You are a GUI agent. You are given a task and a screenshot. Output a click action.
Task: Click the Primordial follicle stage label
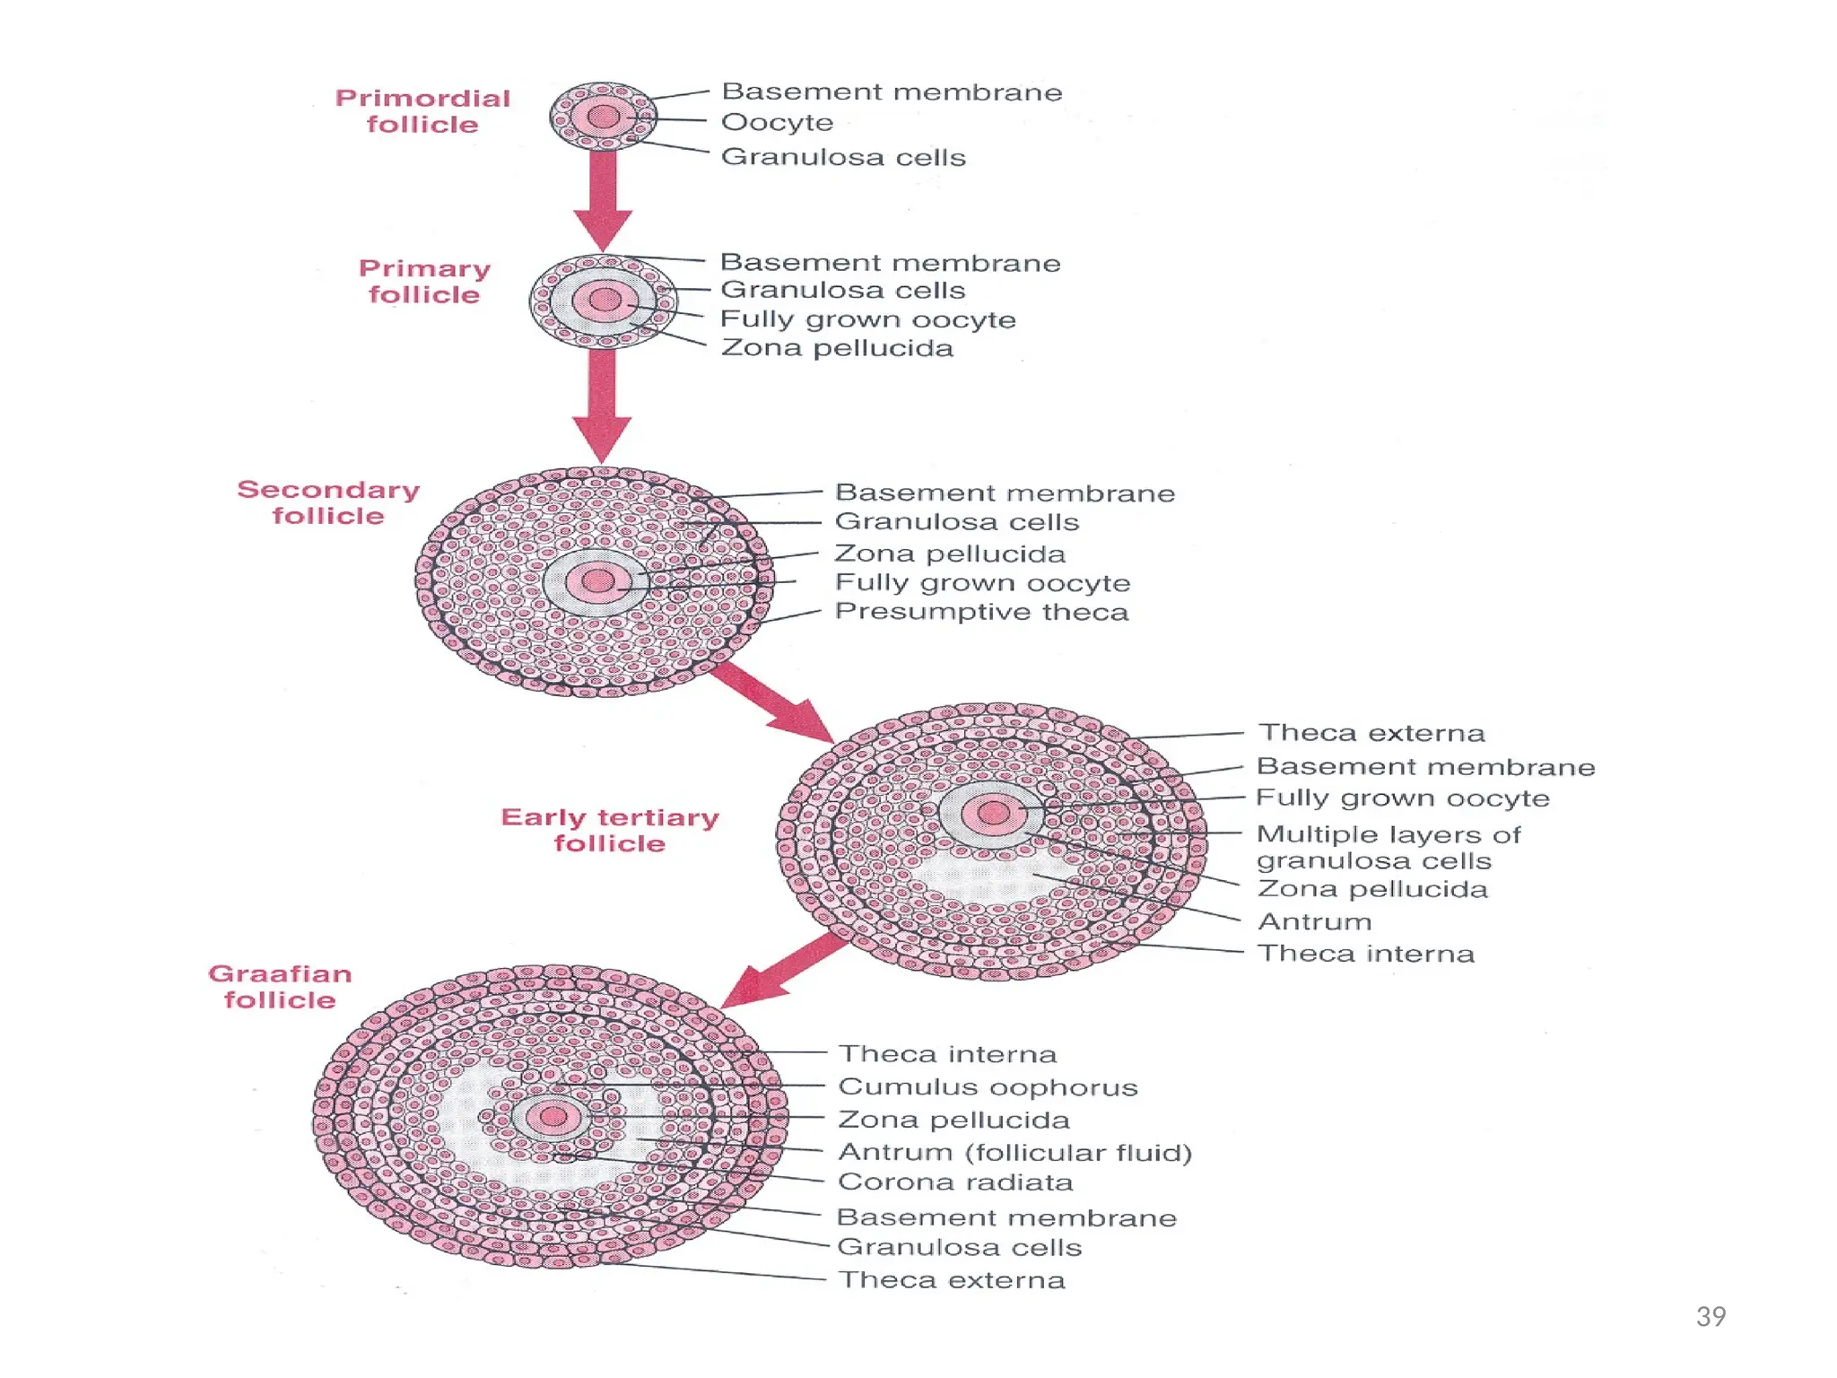(x=422, y=111)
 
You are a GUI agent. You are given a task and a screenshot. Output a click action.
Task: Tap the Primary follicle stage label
(x=424, y=281)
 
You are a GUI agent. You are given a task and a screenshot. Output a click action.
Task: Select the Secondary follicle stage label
(x=328, y=502)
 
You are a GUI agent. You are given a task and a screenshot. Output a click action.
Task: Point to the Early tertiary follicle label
(x=610, y=830)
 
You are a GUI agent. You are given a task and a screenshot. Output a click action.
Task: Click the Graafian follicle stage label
(x=280, y=987)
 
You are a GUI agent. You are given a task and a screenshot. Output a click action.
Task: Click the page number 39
(x=1711, y=1316)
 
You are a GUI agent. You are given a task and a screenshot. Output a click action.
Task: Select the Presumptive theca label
(x=981, y=612)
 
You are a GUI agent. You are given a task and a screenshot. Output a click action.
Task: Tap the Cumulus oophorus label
(x=988, y=1087)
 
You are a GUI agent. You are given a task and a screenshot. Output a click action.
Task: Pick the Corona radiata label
(x=955, y=1182)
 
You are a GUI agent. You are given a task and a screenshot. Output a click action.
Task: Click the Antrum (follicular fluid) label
(x=1014, y=1152)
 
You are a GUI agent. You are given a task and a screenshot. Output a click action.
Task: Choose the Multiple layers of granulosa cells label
(x=1388, y=847)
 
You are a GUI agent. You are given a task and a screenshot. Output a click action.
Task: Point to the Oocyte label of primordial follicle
(x=777, y=122)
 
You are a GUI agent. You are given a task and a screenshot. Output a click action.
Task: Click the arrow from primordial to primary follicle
(x=604, y=199)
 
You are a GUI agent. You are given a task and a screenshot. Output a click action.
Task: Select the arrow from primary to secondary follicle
(x=602, y=404)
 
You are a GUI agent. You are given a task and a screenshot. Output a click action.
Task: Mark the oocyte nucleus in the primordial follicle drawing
(x=604, y=117)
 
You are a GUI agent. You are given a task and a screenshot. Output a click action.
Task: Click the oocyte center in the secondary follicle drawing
(x=597, y=581)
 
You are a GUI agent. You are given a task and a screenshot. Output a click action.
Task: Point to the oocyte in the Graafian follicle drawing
(x=553, y=1117)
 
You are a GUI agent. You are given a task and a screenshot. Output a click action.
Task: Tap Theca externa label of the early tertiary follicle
(x=1371, y=733)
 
